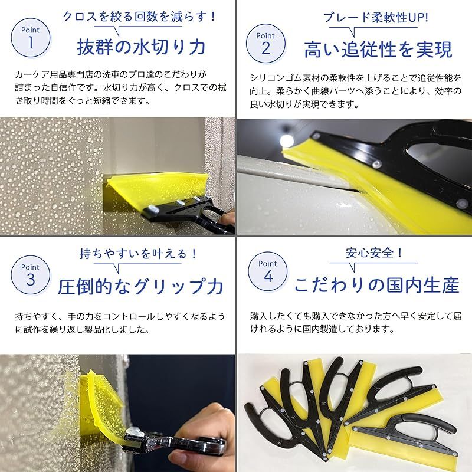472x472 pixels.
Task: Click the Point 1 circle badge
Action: coord(31,38)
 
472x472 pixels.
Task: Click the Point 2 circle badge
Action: coord(265,43)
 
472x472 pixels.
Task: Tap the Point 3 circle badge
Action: coord(31,275)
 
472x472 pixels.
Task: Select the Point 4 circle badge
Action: coord(268,271)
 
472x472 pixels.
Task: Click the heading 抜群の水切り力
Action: coord(141,47)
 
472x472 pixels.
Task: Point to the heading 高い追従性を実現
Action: coord(378,50)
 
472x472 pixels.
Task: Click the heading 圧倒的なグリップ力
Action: coord(140,287)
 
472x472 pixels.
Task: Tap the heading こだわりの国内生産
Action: coord(377,285)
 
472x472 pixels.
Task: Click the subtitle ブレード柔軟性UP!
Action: coord(376,18)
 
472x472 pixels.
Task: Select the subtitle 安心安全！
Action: coord(374,253)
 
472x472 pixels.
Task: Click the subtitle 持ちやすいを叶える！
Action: coord(139,254)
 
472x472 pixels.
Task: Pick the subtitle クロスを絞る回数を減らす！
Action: coord(139,17)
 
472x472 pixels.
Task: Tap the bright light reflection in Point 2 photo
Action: coord(287,140)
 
